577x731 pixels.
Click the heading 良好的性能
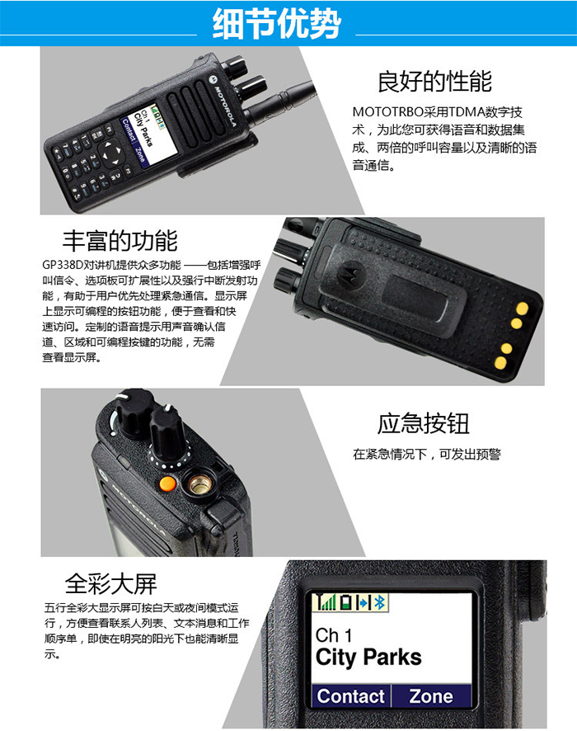[434, 82]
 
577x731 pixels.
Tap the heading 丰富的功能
[120, 241]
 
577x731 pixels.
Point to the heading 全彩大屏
[110, 584]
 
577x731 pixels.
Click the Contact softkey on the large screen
[351, 696]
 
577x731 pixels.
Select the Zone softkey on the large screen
[430, 696]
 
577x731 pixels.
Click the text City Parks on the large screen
[368, 658]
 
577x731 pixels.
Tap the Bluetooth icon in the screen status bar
[380, 603]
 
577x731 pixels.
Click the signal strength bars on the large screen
[326, 603]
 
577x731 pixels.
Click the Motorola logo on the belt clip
[352, 270]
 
